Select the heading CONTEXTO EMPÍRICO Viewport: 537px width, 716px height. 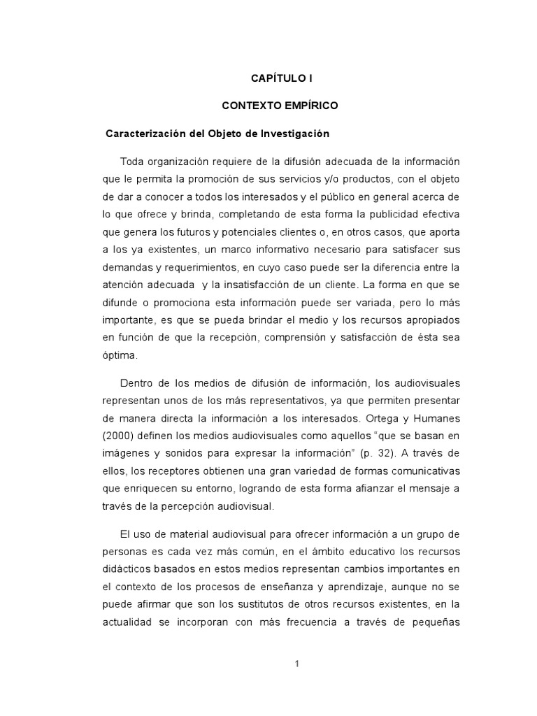pyautogui.click(x=280, y=106)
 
